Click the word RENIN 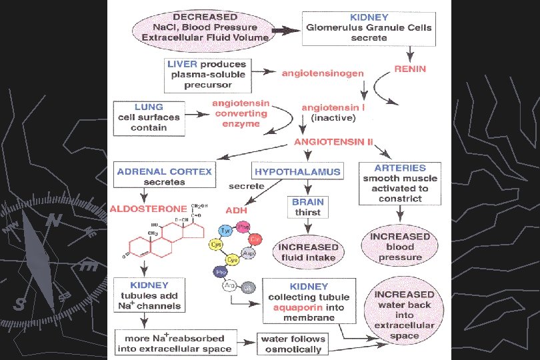coord(411,69)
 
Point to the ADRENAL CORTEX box coord(165,176)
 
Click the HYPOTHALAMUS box coord(297,171)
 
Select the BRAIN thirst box coord(307,207)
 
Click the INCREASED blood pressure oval coord(401,247)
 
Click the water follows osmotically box coord(291,343)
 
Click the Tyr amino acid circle coord(225,230)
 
